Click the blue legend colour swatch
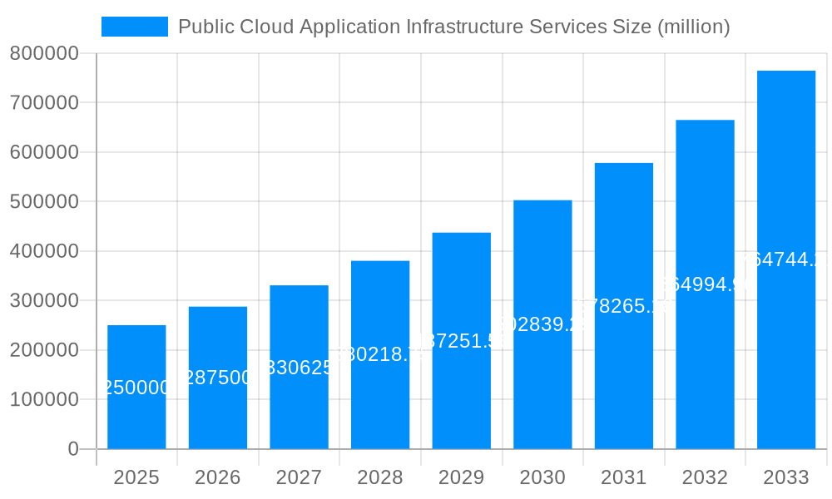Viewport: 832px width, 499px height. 134,27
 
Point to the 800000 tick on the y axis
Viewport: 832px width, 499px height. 43,53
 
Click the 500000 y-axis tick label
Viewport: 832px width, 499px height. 43,202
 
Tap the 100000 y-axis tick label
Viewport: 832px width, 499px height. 43,400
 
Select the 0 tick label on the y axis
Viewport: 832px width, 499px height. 72,449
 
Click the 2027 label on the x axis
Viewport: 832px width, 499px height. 299,477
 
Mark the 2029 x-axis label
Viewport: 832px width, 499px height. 461,477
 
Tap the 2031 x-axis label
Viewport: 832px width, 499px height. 623,477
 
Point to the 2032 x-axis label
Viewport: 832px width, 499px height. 705,477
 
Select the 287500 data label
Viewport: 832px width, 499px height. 218,378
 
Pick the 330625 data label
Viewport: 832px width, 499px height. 299,368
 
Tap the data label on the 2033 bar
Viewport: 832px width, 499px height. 786,259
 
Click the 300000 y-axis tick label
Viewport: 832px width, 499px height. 43,301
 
